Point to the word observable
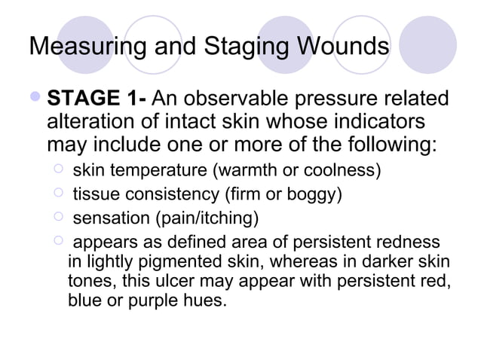(x=244, y=99)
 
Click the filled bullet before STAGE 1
(x=37, y=99)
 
